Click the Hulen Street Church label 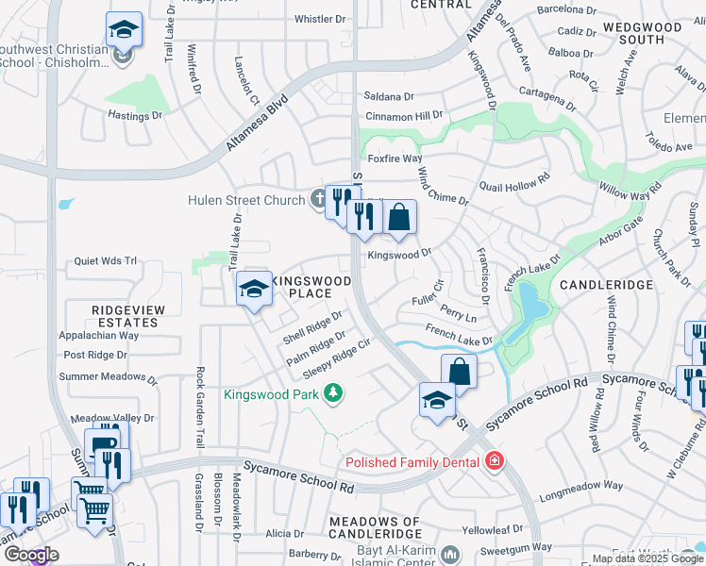[246, 199]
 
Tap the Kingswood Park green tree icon [332, 392]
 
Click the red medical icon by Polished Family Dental [494, 461]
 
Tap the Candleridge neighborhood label [607, 284]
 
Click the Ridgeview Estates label [128, 316]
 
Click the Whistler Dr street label [320, 19]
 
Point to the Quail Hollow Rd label [515, 182]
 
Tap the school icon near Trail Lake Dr [254, 290]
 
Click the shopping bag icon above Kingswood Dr [399, 218]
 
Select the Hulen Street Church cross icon [319, 199]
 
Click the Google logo [30, 555]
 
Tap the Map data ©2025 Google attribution [647, 558]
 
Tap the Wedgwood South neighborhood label [650, 33]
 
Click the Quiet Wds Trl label [106, 261]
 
